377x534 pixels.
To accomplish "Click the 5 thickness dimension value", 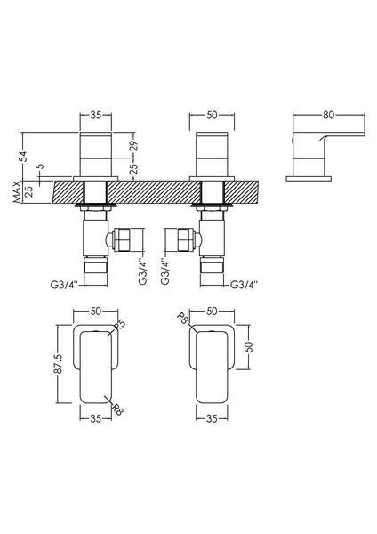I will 39,165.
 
